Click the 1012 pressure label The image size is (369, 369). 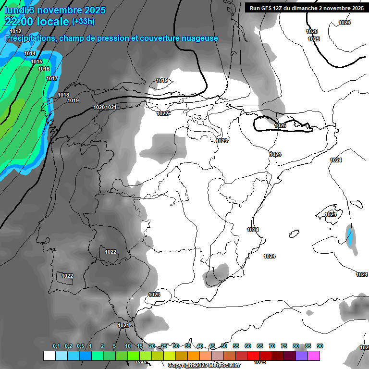coord(15,31)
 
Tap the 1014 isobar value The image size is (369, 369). coord(30,53)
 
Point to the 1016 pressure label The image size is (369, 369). coord(44,69)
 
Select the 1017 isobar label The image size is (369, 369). coord(52,78)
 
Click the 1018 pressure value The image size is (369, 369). coord(63,95)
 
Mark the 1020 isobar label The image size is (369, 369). coord(99,107)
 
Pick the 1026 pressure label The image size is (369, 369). coord(344,23)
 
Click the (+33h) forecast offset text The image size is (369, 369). coord(83,21)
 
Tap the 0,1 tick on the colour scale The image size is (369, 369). coord(56,346)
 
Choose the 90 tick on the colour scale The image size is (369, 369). coord(320,346)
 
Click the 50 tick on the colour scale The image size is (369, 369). coord(224,346)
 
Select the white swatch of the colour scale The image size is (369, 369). coord(49,356)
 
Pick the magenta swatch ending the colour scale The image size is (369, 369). coord(314,356)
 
